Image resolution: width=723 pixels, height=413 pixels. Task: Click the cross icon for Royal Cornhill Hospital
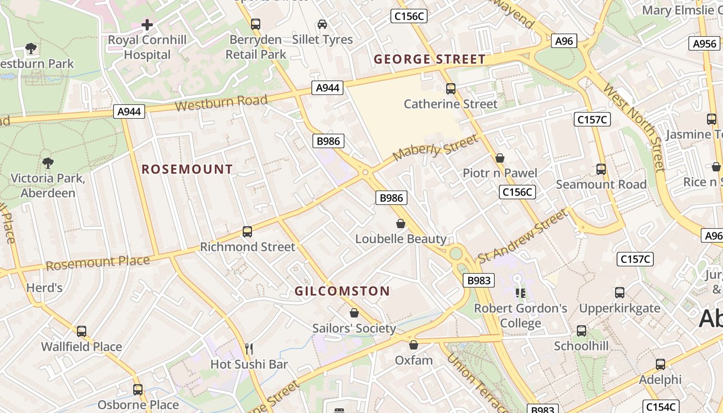tap(147, 24)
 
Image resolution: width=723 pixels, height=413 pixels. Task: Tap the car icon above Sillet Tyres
tap(322, 24)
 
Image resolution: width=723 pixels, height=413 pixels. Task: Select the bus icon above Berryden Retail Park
tap(256, 24)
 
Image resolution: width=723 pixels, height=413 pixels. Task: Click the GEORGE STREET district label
tap(430, 59)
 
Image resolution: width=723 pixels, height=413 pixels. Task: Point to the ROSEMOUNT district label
tap(187, 169)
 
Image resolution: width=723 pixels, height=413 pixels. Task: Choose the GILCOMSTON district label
tap(342, 291)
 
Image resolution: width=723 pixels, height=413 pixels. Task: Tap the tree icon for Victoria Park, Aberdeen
tap(48, 163)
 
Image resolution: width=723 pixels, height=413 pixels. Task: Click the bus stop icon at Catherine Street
tap(451, 89)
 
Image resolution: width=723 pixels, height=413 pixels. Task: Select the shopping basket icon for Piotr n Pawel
tap(499, 158)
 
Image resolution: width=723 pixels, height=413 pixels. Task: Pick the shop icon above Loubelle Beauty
tap(400, 224)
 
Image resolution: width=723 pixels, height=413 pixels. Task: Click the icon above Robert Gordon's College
tap(520, 293)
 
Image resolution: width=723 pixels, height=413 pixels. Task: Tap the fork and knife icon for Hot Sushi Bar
tap(249, 349)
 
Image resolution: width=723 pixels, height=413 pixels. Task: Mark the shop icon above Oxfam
tap(413, 345)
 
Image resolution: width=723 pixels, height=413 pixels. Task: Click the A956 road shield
tap(704, 44)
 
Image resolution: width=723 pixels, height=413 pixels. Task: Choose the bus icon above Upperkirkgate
tap(619, 293)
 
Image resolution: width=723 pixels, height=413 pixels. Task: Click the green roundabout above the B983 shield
tap(455, 253)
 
